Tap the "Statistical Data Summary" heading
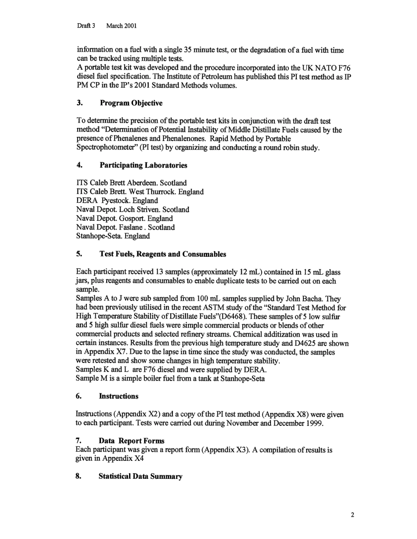140,477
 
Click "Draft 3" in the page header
86,26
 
